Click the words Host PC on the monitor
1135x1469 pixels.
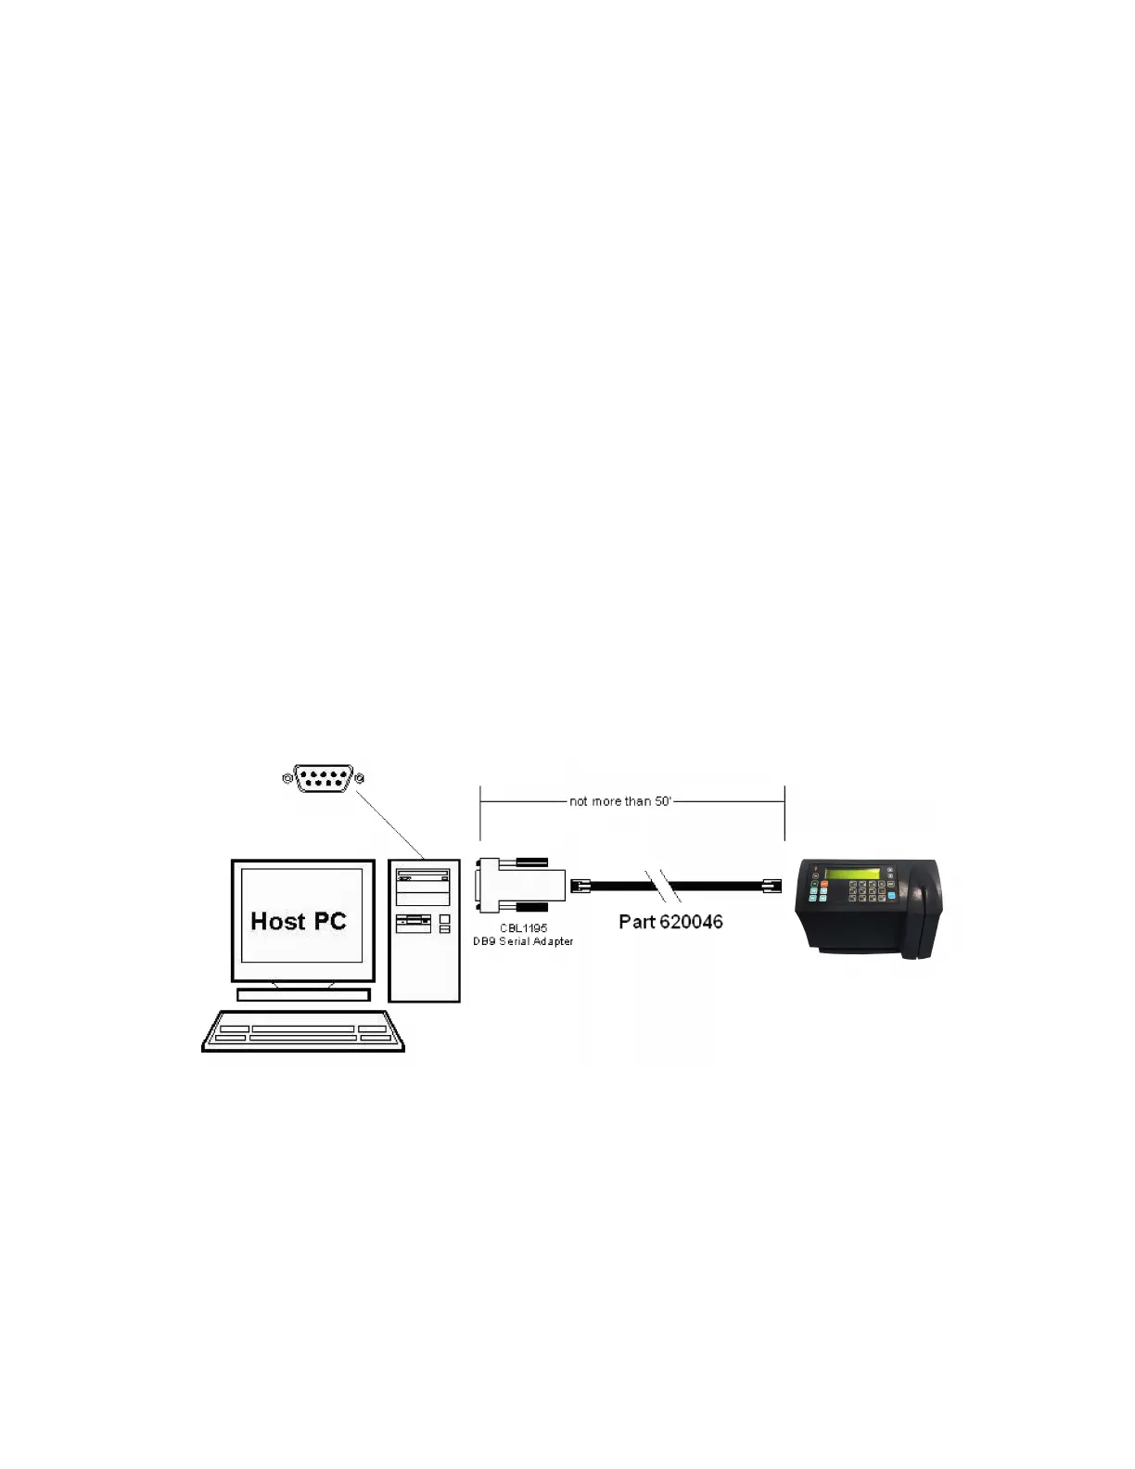pos(298,921)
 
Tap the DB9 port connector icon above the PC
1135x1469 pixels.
pos(323,778)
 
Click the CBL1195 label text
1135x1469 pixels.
pos(523,927)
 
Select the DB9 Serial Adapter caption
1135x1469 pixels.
pos(523,941)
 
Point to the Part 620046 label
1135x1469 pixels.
pos(670,922)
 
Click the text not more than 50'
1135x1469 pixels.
pos(619,801)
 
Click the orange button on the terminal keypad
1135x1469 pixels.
pos(823,884)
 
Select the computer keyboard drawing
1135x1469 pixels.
pos(303,1031)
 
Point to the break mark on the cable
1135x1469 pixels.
pos(663,887)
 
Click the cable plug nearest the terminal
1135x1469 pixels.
pos(772,887)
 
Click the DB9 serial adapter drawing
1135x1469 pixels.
pos(521,886)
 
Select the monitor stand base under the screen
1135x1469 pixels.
pos(303,995)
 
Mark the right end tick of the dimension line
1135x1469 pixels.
pos(784,811)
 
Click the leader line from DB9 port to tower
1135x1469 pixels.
pos(389,824)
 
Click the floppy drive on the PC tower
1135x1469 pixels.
pos(414,922)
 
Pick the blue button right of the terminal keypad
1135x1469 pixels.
pos(891,896)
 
